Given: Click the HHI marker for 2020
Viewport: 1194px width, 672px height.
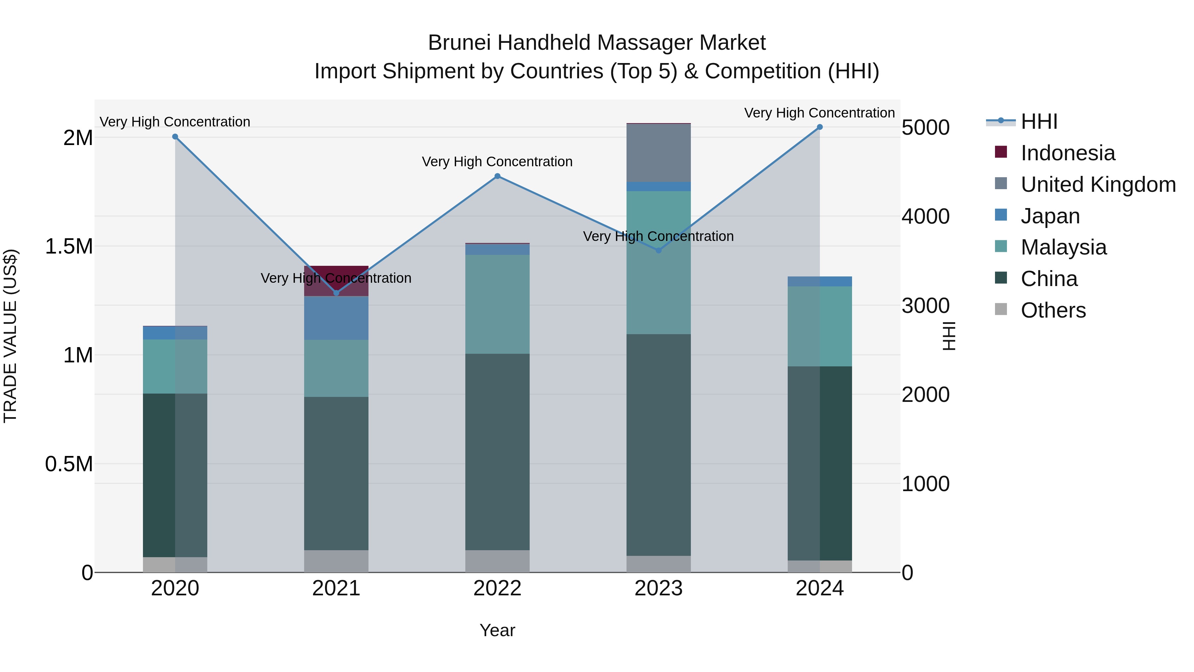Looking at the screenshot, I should [175, 137].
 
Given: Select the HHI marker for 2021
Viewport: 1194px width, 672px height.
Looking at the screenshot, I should [337, 293].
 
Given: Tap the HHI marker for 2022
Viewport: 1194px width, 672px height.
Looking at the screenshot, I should [497, 176].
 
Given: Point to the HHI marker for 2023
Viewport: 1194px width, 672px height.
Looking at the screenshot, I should [659, 251].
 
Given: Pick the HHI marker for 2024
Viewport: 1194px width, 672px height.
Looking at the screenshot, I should [820, 127].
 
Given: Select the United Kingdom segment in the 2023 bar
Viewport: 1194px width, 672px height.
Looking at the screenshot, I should [659, 153].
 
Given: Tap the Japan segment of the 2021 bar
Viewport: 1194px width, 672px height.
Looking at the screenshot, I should [337, 318].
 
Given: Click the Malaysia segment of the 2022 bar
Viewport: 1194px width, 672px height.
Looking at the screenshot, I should [497, 304].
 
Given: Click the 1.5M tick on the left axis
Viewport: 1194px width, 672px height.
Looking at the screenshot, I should [69, 246].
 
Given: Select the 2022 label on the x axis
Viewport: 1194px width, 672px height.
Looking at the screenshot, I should [497, 588].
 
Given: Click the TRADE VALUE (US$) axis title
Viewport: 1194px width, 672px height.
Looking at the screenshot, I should [11, 336].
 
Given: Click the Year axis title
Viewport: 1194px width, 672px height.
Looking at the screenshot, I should [497, 630].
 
